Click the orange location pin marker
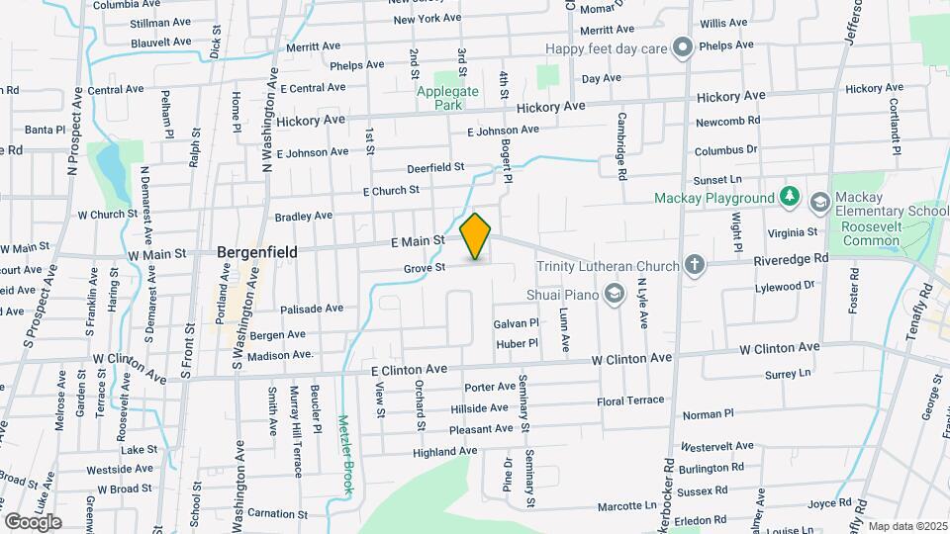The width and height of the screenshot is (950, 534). point(476,235)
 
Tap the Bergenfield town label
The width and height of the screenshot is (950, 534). point(257,252)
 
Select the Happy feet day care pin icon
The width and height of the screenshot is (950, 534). point(682,47)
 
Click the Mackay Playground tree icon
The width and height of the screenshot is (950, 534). point(789,198)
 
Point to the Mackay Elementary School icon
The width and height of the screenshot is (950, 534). point(820,203)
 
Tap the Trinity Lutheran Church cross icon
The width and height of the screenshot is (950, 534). point(695,265)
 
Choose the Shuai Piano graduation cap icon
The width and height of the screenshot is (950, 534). point(615,292)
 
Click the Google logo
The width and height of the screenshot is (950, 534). point(33,521)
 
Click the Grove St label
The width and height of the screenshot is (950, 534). point(426,267)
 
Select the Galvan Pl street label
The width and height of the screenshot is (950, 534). point(516,323)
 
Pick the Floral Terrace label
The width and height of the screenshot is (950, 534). point(630,401)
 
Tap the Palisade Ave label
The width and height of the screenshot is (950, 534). point(311,309)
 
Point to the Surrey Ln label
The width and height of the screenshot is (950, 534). point(788,374)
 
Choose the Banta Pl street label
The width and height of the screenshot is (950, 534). point(45,130)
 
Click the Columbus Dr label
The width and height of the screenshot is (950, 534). point(725,150)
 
